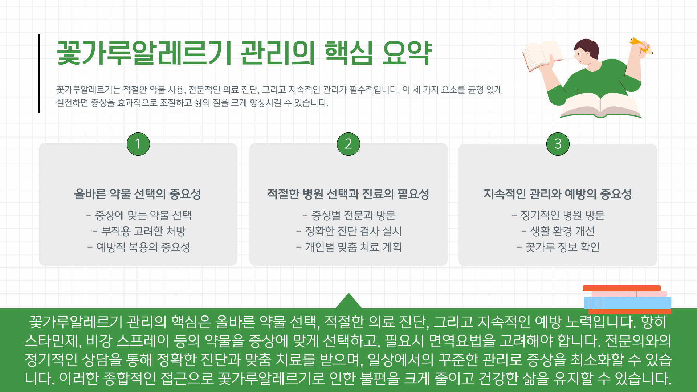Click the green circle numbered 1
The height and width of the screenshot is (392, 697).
pyautogui.click(x=138, y=144)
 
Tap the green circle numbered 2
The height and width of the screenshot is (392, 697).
pyautogui.click(x=348, y=144)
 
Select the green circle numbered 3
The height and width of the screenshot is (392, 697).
pyautogui.click(x=558, y=144)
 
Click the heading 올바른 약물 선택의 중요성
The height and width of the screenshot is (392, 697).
pyautogui.click(x=138, y=194)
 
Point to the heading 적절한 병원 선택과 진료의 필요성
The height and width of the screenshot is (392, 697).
pyautogui.click(x=348, y=194)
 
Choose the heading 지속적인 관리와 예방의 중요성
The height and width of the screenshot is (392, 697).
pyautogui.click(x=558, y=194)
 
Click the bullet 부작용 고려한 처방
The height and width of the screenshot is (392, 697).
pyautogui.click(x=139, y=231)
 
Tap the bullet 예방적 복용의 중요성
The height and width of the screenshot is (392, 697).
pyautogui.click(x=139, y=247)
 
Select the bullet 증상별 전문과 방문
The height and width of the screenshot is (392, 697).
pyautogui.click(x=349, y=215)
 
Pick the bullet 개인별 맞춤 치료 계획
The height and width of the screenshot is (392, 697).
pyautogui.click(x=349, y=247)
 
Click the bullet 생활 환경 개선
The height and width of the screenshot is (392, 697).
pyautogui.click(x=558, y=231)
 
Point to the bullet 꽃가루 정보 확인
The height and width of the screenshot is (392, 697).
pyautogui.click(x=558, y=247)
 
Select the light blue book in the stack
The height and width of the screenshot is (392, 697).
pyautogui.click(x=627, y=303)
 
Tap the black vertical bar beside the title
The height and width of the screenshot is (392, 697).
pyautogui.click(x=39, y=73)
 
